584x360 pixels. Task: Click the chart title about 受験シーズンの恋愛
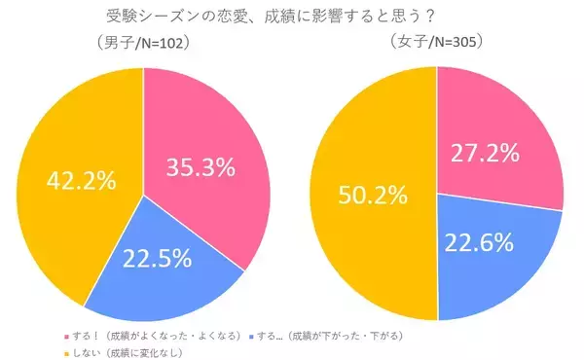[x=291, y=17]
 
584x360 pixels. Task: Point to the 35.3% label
[x=199, y=167]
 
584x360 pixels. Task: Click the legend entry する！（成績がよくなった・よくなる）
[x=155, y=335]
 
